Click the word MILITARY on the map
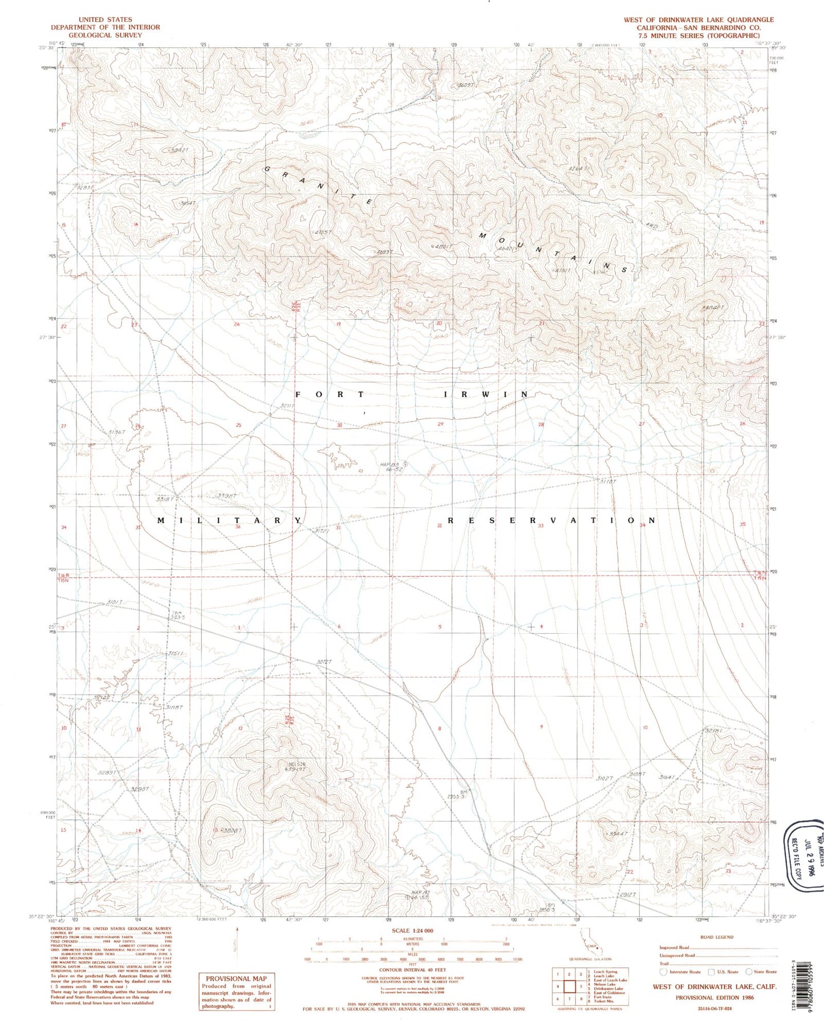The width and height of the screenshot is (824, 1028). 229,520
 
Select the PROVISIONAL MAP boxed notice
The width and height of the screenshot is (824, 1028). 236,992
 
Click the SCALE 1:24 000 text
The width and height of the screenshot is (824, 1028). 412,931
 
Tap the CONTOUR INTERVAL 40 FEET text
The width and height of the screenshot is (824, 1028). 412,969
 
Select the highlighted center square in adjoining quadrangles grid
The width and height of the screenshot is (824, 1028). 569,986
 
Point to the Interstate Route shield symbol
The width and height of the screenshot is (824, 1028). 663,972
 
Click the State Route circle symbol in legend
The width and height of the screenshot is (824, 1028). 748,972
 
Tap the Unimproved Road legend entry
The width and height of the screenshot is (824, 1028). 679,956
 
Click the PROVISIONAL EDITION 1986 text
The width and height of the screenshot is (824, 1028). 714,998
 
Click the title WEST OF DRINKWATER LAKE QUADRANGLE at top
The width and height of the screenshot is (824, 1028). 699,19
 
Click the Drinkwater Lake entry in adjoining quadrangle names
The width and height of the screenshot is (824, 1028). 608,989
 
